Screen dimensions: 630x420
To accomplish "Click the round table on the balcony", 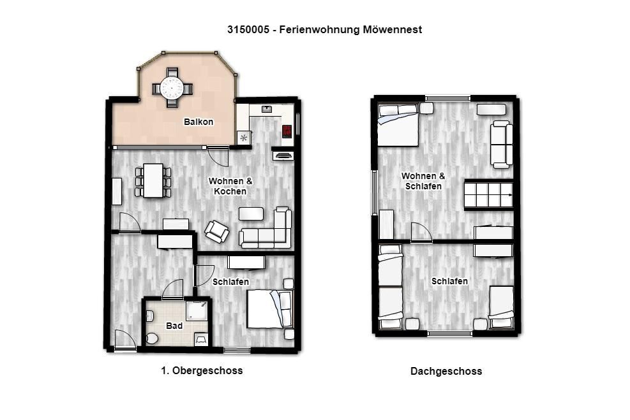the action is [x=172, y=87].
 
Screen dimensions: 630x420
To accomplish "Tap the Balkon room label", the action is [x=199, y=122].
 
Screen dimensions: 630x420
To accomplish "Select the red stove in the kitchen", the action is [x=287, y=131].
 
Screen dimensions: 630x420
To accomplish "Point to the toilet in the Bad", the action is [x=152, y=338].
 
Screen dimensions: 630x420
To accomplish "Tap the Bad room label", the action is [x=174, y=326].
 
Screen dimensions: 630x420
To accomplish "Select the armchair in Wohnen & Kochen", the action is [x=216, y=231].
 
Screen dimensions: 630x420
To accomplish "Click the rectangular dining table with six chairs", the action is [x=153, y=180].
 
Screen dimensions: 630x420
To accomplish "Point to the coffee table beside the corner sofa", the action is [x=251, y=214].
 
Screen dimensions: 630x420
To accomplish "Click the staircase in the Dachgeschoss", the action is [x=489, y=195].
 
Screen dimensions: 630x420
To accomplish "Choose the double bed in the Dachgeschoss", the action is [x=398, y=125].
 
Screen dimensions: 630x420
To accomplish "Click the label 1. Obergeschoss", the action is [x=202, y=370].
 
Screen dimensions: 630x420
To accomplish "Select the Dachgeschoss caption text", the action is [x=446, y=371].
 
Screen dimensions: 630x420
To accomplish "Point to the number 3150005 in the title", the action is [x=248, y=29].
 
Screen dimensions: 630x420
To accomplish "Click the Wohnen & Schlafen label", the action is [x=423, y=181].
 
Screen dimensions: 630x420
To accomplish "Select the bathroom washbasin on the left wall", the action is [x=149, y=317].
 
